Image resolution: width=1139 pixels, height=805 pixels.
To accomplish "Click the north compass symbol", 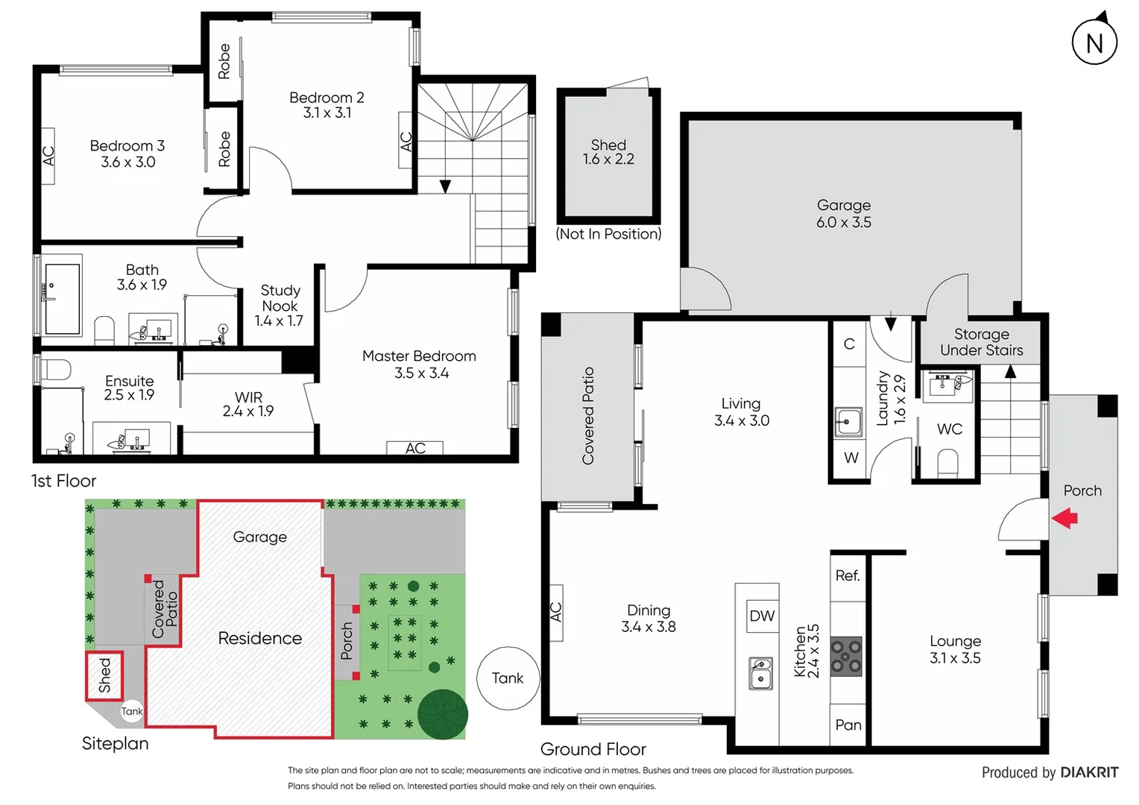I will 1094,42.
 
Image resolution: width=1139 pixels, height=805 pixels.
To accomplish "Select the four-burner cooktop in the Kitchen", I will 846,656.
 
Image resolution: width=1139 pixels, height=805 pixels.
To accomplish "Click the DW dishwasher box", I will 762,616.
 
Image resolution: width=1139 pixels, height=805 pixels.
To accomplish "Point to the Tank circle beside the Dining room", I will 508,678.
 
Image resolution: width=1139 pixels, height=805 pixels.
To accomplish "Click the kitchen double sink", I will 760,672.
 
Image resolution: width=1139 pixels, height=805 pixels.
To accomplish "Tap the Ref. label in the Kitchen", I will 848,575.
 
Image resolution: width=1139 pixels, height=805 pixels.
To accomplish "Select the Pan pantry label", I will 848,724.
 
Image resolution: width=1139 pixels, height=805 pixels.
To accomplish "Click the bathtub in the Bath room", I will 63,298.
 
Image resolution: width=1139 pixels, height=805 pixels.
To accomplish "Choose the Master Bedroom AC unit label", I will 415,448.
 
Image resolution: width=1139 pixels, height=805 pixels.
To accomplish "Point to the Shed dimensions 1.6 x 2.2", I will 608,160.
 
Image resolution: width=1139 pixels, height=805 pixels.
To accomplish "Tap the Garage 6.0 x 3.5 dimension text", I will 843,222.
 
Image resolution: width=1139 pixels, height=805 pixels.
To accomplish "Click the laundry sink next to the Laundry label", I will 848,423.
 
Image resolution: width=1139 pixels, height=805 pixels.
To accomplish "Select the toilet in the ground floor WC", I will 947,462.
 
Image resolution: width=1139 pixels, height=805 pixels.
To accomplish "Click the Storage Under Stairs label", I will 981,342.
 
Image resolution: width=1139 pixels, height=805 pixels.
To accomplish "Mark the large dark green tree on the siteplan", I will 442,713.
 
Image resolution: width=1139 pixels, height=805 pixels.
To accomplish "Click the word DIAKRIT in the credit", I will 1089,772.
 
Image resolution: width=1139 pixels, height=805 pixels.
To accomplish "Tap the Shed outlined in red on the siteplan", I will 104,675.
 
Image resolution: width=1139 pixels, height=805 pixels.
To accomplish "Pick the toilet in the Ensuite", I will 57,369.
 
